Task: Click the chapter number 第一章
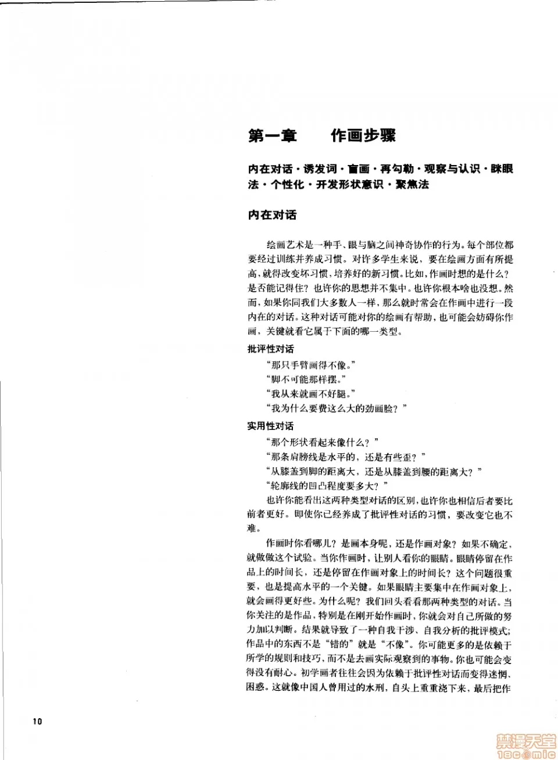[272, 136]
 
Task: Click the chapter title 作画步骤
[363, 136]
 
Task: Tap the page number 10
[37, 721]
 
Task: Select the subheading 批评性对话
[271, 349]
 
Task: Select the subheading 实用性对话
[271, 426]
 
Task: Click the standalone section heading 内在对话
[272, 215]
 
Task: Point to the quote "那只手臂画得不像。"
[310, 365]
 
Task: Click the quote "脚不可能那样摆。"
[306, 379]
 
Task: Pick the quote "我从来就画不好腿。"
[310, 394]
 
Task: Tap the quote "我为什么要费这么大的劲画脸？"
[336, 408]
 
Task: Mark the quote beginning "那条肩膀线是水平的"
[345, 457]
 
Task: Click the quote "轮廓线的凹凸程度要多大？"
[327, 486]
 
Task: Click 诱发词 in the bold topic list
[320, 169]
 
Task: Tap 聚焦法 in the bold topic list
[412, 184]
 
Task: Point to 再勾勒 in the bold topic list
[397, 169]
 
